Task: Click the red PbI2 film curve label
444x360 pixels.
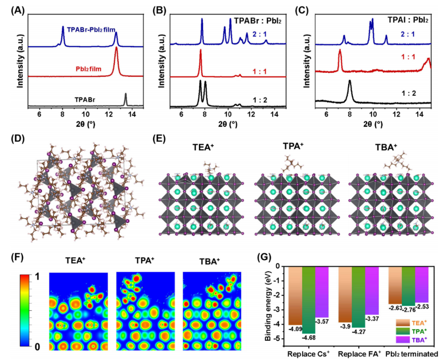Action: [x=88, y=69]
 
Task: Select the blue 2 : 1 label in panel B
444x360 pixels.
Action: [x=258, y=34]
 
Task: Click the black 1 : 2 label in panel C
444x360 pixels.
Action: [x=409, y=93]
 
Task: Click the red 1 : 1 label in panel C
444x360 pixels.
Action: [x=408, y=57]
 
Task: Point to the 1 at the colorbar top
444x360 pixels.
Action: [x=37, y=277]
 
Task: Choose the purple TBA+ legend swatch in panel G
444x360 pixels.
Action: [x=402, y=340]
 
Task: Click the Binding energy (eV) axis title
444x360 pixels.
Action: [x=268, y=306]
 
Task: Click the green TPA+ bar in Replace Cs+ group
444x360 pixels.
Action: [x=308, y=300]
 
